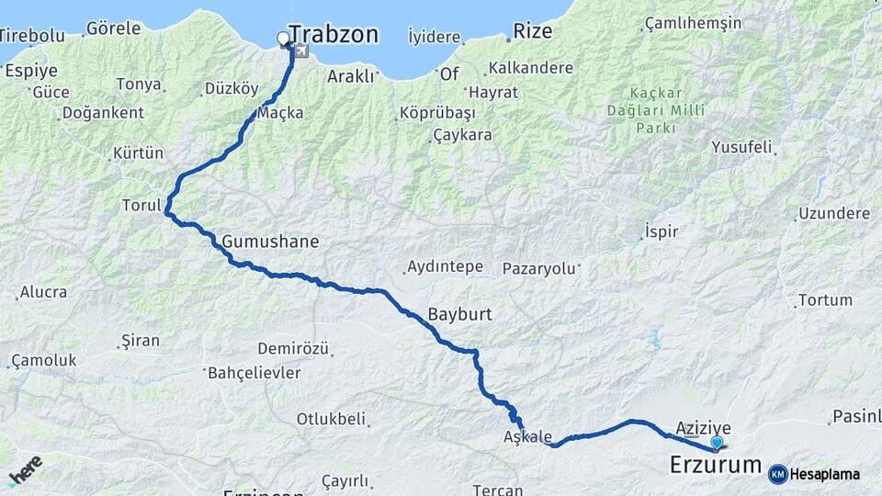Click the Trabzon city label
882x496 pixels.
(333, 35)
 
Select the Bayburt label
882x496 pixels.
(459, 314)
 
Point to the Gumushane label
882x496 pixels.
(270, 242)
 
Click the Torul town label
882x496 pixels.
(141, 205)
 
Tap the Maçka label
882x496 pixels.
(280, 113)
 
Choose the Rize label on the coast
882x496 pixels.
(533, 31)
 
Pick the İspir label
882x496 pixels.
(661, 231)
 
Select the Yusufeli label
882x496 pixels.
(742, 147)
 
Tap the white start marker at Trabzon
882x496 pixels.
(283, 39)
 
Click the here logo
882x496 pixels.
(26, 470)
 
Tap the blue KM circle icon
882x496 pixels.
(777, 474)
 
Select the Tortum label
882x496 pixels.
(825, 300)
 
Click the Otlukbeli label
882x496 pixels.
(331, 419)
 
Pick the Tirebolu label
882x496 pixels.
(33, 36)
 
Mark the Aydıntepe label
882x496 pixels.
(445, 267)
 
